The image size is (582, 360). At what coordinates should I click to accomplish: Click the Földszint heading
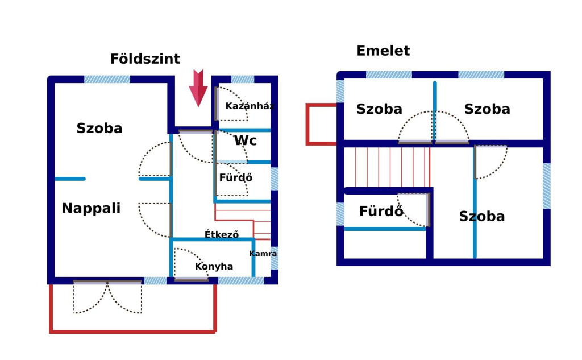[145, 59]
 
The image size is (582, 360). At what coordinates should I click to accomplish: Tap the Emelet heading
[383, 51]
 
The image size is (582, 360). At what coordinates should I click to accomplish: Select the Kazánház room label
[250, 106]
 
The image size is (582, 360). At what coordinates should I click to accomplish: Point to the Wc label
[246, 140]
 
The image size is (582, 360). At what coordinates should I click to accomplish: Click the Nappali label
[91, 208]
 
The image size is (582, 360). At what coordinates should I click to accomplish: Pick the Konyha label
[214, 266]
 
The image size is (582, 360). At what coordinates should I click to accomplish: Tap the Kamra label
[263, 254]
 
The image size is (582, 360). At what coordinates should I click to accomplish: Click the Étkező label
[222, 234]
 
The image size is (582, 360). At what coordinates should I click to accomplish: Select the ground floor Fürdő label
[236, 177]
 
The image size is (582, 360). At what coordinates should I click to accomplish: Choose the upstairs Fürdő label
[381, 212]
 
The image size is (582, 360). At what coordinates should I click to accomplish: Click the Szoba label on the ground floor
[99, 128]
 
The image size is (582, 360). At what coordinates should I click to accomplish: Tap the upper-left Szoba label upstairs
[379, 109]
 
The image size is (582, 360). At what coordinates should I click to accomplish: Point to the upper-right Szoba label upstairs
[487, 109]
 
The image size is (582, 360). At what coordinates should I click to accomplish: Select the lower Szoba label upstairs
[482, 216]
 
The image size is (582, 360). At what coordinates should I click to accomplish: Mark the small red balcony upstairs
[322, 123]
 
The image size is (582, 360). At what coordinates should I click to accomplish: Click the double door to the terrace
[107, 297]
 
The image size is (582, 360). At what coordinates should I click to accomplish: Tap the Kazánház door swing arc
[232, 104]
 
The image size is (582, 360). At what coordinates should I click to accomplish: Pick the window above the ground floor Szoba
[107, 79]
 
